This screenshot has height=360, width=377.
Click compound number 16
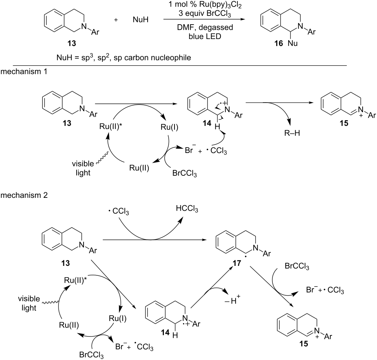[279, 44]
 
